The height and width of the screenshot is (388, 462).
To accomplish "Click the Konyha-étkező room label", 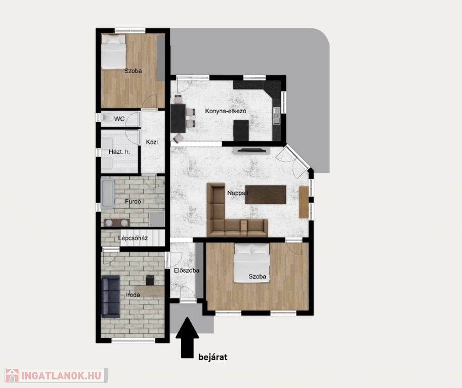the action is pyautogui.click(x=226, y=111).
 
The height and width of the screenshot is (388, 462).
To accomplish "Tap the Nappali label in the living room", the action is pyautogui.click(x=237, y=193).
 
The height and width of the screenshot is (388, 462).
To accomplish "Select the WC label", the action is pyautogui.click(x=119, y=119).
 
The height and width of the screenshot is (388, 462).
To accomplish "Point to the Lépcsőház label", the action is pyautogui.click(x=133, y=238).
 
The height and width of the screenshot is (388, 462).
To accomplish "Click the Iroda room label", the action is pyautogui.click(x=133, y=295).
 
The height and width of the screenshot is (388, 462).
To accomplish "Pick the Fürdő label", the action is pyautogui.click(x=133, y=202).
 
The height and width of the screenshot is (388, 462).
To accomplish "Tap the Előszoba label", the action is pyautogui.click(x=187, y=270).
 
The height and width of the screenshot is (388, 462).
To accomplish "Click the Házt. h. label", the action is pyautogui.click(x=119, y=152).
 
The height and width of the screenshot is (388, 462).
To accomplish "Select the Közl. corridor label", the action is pyautogui.click(x=153, y=142).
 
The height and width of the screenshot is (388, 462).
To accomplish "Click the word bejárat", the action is pyautogui.click(x=213, y=357).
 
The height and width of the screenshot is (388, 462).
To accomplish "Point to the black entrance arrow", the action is pyautogui.click(x=187, y=337).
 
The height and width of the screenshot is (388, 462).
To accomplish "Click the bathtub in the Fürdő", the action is pyautogui.click(x=108, y=194).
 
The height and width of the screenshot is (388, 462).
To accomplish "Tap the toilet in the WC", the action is pyautogui.click(x=107, y=118).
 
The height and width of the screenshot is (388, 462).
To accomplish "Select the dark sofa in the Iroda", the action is pyautogui.click(x=111, y=297).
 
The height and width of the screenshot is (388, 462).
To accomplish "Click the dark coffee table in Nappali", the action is pyautogui.click(x=266, y=195).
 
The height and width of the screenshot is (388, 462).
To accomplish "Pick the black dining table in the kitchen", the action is pyautogui.click(x=178, y=118).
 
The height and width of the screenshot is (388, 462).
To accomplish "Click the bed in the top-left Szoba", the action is pyautogui.click(x=113, y=52).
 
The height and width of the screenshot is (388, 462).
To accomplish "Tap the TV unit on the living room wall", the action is pyautogui.click(x=251, y=151).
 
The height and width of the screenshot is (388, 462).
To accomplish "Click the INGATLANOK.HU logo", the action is pyautogui.click(x=56, y=375).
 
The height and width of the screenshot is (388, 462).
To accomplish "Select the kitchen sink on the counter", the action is pyautogui.click(x=276, y=116).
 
